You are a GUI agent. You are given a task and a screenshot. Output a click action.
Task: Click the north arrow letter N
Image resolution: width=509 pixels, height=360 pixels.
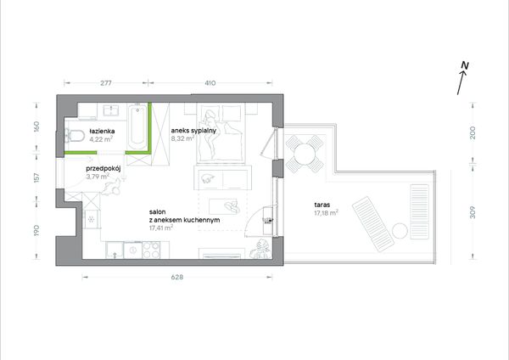click(x=465, y=66)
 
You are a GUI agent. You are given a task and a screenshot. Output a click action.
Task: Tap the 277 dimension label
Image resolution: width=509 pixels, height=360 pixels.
click(x=106, y=83)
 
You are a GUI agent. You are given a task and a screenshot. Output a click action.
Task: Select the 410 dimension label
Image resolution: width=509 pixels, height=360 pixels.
click(x=210, y=83)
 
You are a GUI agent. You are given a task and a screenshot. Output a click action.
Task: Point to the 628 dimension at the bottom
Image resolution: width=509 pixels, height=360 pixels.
click(x=177, y=277)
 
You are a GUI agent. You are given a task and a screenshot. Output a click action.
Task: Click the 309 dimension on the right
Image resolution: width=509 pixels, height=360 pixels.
click(x=473, y=212)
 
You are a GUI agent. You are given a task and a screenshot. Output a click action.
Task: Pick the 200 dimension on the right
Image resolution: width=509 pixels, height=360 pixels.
click(x=473, y=133)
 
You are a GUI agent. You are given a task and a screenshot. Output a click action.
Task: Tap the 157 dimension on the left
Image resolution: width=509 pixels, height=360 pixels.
click(x=36, y=177)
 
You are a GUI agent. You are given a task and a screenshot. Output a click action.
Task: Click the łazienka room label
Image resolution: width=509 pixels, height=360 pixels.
click(x=102, y=132)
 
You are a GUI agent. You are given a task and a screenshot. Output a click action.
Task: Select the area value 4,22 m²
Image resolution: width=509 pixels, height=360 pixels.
click(x=101, y=139)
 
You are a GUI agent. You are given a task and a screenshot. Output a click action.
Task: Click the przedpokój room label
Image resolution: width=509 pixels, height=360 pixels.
click(x=103, y=169)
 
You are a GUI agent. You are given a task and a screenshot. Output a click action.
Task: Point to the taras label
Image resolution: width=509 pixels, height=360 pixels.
click(x=322, y=205)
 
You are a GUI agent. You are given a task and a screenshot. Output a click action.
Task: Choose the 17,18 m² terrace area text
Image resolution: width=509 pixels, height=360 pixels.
click(x=327, y=213)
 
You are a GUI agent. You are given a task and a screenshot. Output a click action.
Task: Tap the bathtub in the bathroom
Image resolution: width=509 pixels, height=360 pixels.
click(x=137, y=127)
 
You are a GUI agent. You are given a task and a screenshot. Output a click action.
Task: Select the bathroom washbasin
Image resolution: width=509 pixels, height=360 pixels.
click(x=110, y=110)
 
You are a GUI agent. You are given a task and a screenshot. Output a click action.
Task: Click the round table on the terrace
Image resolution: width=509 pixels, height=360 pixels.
click(x=305, y=154)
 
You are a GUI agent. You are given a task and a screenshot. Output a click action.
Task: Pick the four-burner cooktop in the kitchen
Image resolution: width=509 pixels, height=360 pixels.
click(x=151, y=250)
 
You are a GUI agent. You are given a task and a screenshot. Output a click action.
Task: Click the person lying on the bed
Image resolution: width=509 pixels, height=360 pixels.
click(x=209, y=132)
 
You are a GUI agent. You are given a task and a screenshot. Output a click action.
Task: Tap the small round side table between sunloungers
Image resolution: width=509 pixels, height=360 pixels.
click(x=400, y=231)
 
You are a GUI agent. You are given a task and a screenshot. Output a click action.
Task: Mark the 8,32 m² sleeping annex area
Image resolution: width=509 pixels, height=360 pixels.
click(x=182, y=138)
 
